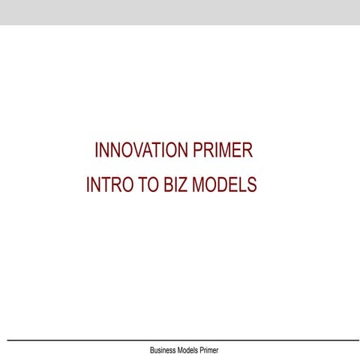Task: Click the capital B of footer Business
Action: pos(152,350)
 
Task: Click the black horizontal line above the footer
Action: pos(180,340)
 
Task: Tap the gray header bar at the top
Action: pos(180,12)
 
